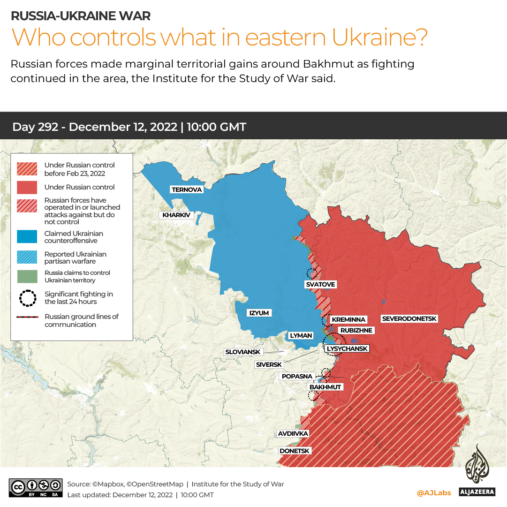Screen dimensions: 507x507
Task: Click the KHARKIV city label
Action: click(x=176, y=215)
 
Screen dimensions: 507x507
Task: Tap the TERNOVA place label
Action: click(x=187, y=189)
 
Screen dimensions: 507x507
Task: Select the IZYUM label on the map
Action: click(x=259, y=313)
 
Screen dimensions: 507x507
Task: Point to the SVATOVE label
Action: click(x=321, y=285)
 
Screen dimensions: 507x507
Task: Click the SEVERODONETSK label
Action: click(x=409, y=319)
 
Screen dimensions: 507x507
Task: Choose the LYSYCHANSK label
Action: click(x=347, y=348)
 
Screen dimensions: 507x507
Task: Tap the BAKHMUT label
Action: click(x=325, y=387)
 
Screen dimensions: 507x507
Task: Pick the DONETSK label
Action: click(x=294, y=451)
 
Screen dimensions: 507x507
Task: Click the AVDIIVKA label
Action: click(x=293, y=433)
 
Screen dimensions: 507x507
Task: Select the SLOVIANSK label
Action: click(x=243, y=352)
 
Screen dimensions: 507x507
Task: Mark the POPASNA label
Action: click(x=297, y=376)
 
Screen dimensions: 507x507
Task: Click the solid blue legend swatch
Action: click(x=27, y=237)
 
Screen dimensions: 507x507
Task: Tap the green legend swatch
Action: click(x=27, y=276)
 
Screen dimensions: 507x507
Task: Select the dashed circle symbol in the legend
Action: click(x=27, y=298)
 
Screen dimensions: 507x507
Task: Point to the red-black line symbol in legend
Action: click(x=27, y=318)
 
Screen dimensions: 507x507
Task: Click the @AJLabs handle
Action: click(x=434, y=493)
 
